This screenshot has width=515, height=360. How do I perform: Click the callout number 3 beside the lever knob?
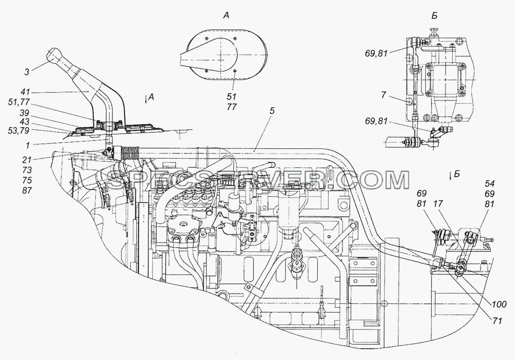coord(27,72)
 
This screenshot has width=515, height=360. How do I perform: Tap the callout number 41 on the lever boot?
coord(25,93)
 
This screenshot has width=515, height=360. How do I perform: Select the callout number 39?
coord(25,113)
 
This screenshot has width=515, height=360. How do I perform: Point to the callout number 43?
coord(25,122)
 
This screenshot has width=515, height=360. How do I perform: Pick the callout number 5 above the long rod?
coord(271,111)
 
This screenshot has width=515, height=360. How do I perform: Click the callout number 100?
coord(499,304)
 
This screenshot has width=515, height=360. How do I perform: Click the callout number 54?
coord(489,184)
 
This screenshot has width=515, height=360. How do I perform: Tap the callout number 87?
coord(27,191)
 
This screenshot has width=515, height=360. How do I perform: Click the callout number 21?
coord(27,160)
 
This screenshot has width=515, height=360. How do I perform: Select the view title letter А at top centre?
coord(226,15)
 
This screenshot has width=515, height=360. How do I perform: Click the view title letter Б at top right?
coord(434,15)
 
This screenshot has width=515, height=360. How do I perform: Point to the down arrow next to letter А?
coord(146,99)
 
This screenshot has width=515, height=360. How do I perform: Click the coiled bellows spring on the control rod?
coord(131,153)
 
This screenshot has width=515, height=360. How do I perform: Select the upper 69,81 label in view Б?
coord(376,53)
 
